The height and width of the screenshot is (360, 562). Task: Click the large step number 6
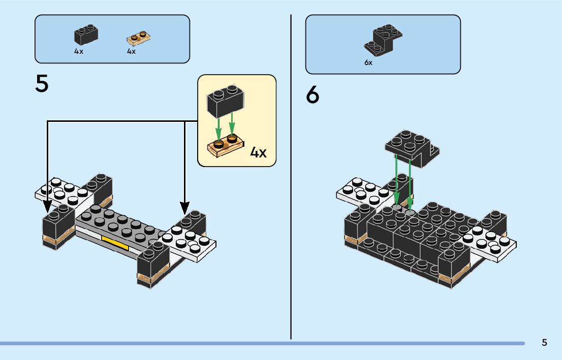coord(313,95)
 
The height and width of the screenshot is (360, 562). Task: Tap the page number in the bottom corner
coord(544,342)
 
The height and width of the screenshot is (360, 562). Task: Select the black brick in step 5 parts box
coord(86,36)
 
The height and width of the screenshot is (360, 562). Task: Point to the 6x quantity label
coord(368,63)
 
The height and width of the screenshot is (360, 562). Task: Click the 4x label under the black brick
coord(79,52)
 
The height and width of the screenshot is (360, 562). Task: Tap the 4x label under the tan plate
coord(132,52)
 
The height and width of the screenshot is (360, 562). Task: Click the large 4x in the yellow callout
coord(258,152)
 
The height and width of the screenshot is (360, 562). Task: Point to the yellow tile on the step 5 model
coord(115,243)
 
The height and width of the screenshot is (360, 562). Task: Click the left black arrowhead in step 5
coord(47,207)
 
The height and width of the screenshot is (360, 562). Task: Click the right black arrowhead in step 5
coord(185,207)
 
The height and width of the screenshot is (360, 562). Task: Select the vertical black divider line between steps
coord(291,178)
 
